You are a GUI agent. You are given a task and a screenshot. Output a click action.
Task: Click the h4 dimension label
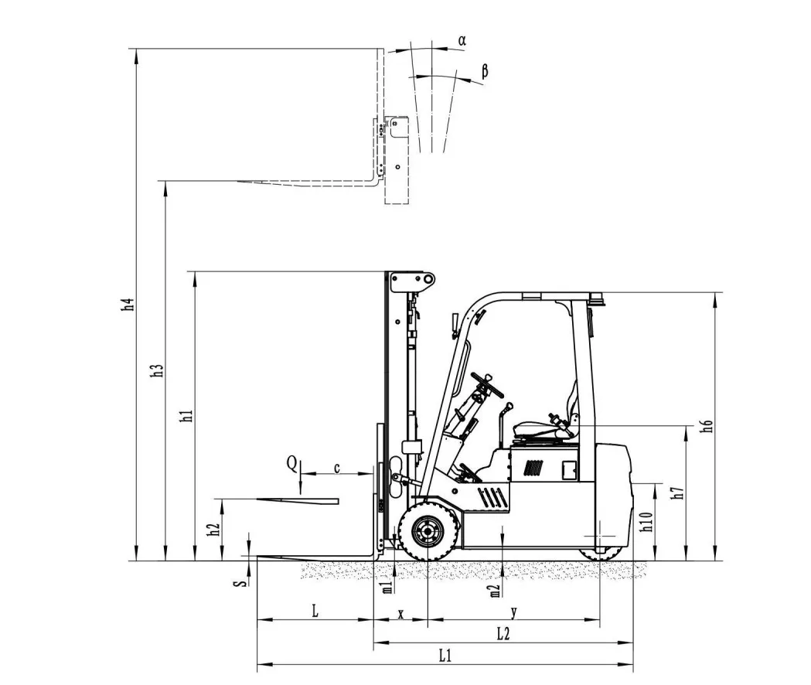pyautogui.click(x=131, y=305)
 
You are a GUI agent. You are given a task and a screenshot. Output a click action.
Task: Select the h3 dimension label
pyautogui.click(x=158, y=370)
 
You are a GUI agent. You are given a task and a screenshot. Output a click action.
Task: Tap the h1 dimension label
pyautogui.click(x=186, y=416)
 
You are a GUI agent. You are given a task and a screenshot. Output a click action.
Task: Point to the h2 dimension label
pyautogui.click(x=214, y=530)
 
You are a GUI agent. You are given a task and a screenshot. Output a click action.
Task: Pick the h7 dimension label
pyautogui.click(x=677, y=492)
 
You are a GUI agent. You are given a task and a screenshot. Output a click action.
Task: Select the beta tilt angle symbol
pyautogui.click(x=485, y=71)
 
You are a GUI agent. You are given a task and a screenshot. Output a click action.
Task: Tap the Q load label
pyautogui.click(x=291, y=463)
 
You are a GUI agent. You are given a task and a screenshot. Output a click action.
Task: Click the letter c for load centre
pyautogui.click(x=337, y=468)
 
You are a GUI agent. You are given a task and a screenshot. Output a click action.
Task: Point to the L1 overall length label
pyautogui.click(x=445, y=656)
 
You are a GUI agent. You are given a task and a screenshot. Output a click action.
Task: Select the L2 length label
pyautogui.click(x=503, y=633)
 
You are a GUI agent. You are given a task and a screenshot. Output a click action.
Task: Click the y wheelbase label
pyautogui.click(x=513, y=612)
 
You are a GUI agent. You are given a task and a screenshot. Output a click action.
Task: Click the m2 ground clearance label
pyautogui.click(x=495, y=591)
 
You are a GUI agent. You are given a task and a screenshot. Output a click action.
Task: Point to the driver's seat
pyautogui.click(x=541, y=429)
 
